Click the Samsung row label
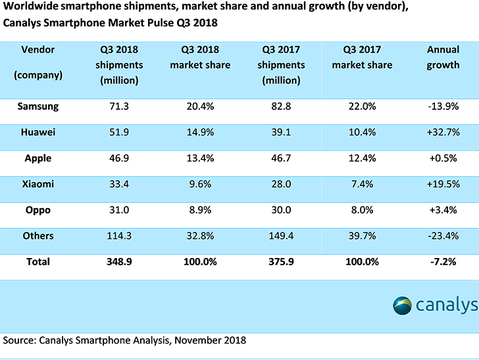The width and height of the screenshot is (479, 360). click(40, 106)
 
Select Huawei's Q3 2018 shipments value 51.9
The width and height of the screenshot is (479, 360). click(119, 132)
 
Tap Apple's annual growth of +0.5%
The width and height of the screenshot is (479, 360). click(443, 159)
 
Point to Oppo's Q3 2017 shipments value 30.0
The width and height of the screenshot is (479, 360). click(282, 210)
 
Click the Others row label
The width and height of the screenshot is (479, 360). click(38, 236)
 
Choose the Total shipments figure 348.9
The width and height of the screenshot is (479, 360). click(119, 261)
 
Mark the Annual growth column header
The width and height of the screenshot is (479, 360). click(443, 57)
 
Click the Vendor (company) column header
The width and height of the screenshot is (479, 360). click(38, 62)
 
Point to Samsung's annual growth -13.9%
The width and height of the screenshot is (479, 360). click(443, 106)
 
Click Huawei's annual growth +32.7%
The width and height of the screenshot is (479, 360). click(443, 132)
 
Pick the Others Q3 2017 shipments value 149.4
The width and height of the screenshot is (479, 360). click(282, 236)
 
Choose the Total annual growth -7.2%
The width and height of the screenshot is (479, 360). click(443, 261)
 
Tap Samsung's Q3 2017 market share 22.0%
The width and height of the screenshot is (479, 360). click(362, 106)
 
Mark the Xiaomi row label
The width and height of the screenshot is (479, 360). click(38, 184)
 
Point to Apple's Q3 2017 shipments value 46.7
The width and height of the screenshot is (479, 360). click(282, 159)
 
